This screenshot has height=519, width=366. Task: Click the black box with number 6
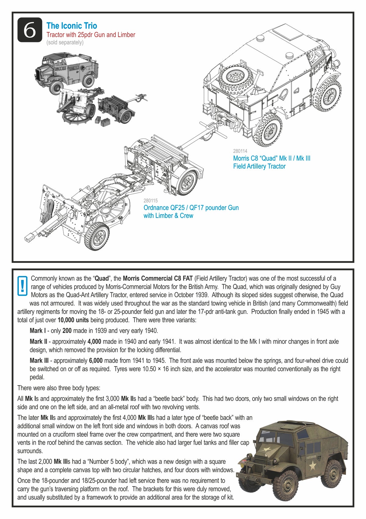pos(30,30)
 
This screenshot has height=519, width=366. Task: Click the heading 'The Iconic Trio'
pos(72,26)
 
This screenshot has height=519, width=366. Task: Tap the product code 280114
pos(240,151)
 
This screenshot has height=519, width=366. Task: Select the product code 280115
pos(151,201)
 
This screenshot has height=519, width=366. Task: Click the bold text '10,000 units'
pos(73,320)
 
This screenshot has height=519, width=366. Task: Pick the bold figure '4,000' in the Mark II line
pos(94,342)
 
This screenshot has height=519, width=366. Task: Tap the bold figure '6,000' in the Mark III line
pos(96,361)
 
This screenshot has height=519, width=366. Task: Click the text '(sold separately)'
pos(65,42)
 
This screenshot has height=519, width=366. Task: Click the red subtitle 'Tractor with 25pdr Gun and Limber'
pos(91,35)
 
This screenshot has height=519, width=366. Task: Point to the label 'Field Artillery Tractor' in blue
pos(259,166)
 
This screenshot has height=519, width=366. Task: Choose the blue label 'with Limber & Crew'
pos(168,216)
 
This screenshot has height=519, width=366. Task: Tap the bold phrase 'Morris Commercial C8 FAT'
pos(158,278)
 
